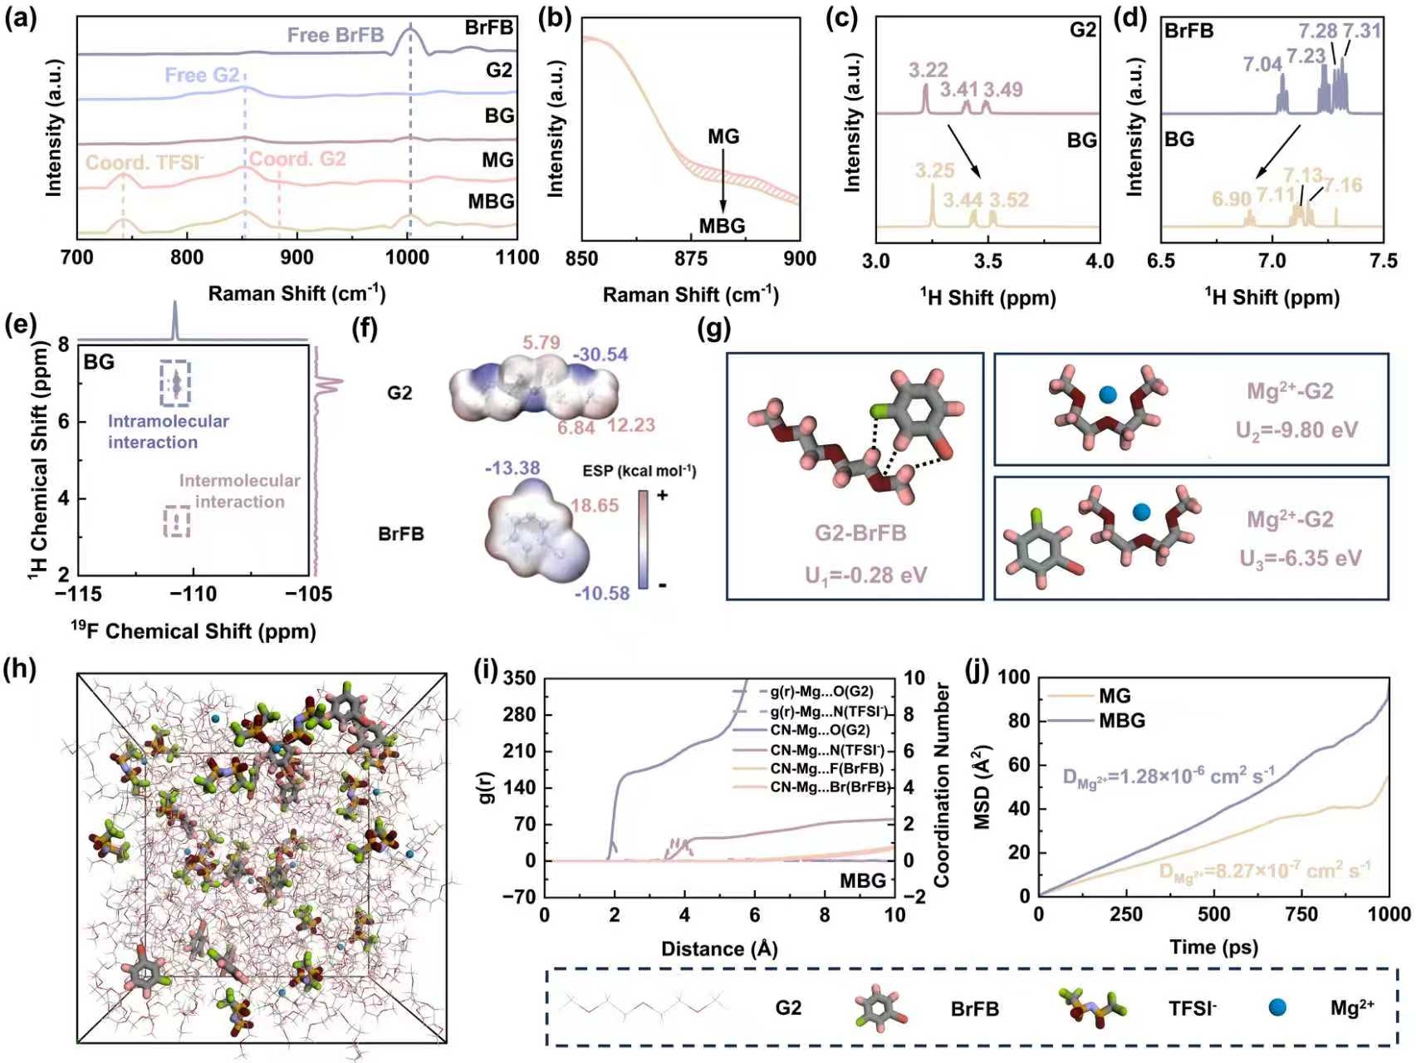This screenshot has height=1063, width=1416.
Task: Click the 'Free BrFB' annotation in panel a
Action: click(x=336, y=35)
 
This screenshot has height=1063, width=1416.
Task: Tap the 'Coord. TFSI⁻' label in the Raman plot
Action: click(x=145, y=162)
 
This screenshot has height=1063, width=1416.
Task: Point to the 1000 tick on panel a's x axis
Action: click(x=407, y=257)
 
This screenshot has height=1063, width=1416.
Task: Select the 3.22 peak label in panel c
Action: click(x=928, y=70)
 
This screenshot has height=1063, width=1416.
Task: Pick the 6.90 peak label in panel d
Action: click(x=1231, y=198)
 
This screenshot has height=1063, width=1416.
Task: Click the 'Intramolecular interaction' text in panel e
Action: click(x=168, y=432)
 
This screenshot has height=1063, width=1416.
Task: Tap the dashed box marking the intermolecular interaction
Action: click(x=177, y=521)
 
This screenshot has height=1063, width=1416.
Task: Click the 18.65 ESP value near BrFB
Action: click(x=594, y=505)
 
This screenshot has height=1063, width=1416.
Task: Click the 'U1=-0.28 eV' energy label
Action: click(x=865, y=575)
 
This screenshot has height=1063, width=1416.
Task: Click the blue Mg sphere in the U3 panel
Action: click(x=1142, y=512)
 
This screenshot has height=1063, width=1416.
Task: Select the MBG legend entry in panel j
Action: click(x=1121, y=721)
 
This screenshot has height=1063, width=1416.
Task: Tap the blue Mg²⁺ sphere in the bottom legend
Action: click(x=1277, y=1007)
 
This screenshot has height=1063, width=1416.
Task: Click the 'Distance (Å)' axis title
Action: click(x=719, y=948)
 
